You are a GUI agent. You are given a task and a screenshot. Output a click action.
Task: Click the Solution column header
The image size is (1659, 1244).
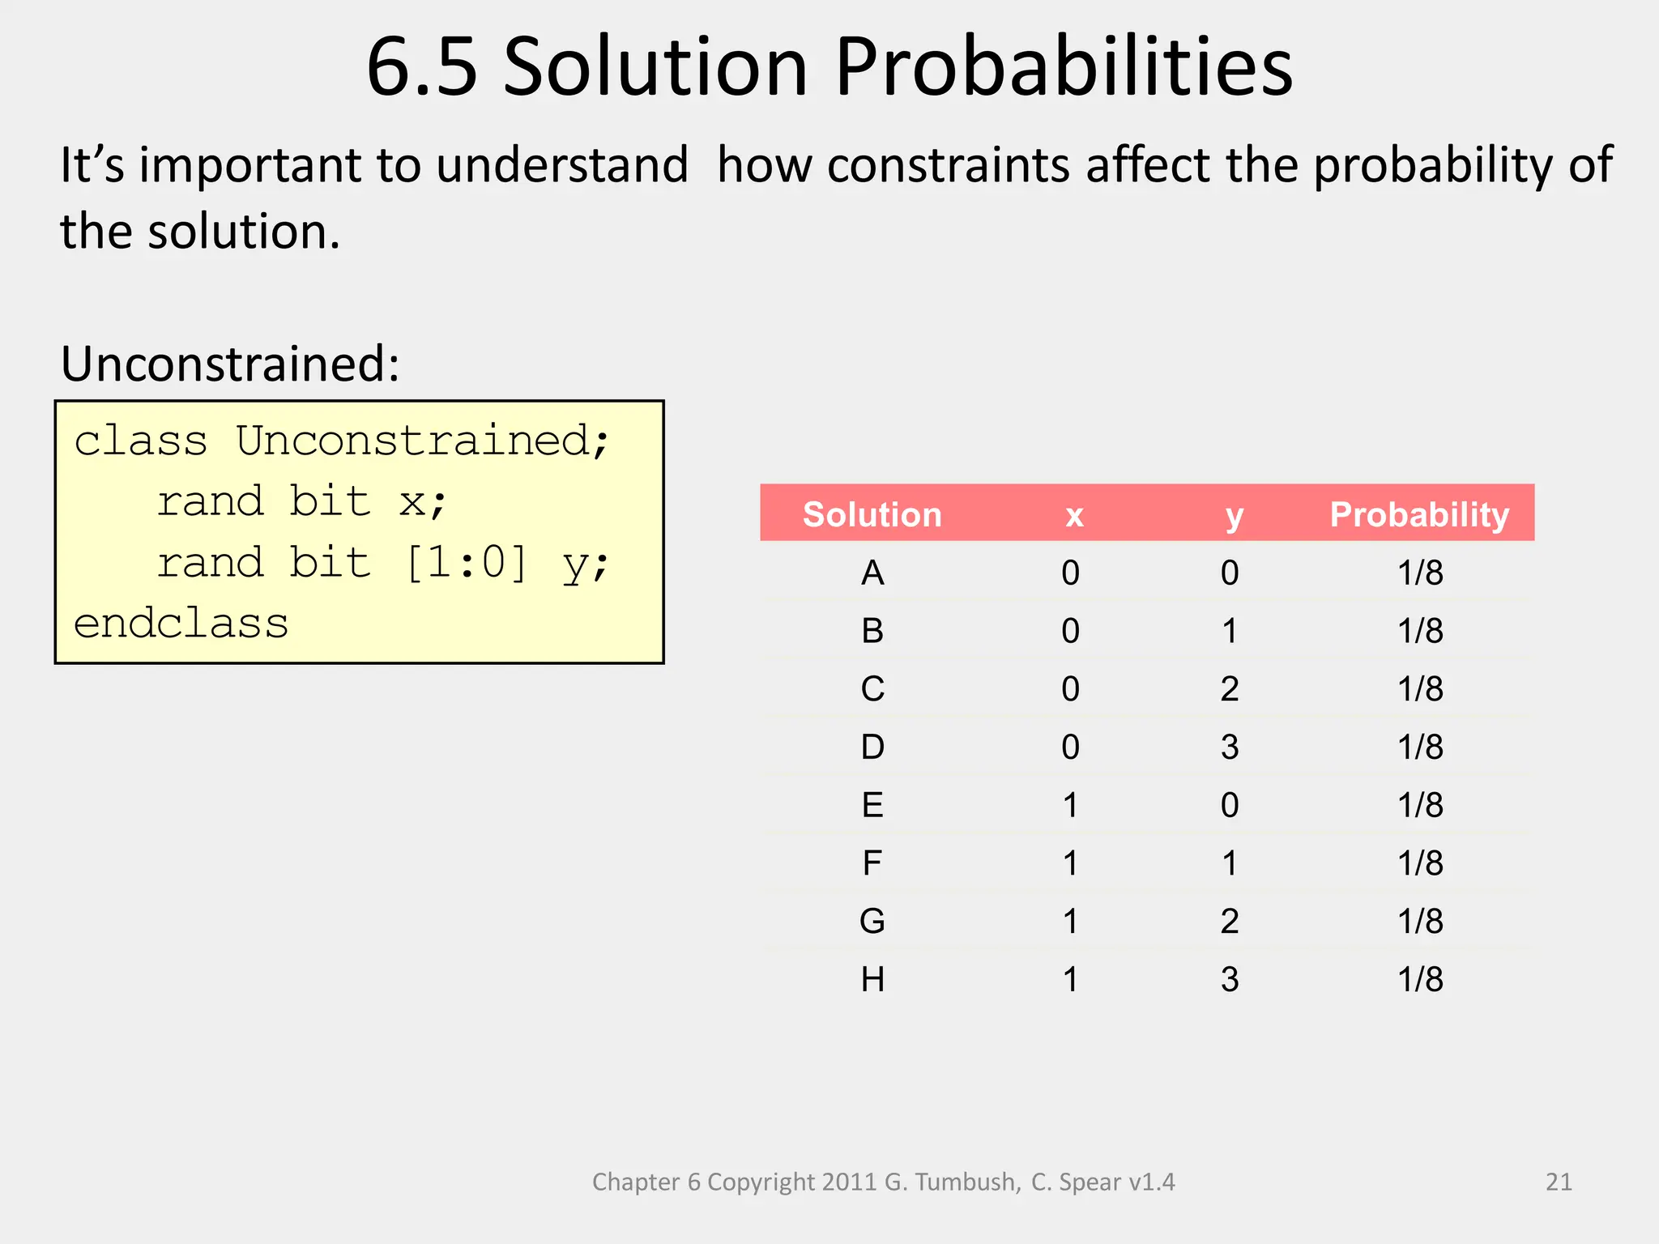pyautogui.click(x=872, y=515)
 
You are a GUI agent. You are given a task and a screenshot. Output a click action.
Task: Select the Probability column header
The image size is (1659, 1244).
pyautogui.click(x=1419, y=515)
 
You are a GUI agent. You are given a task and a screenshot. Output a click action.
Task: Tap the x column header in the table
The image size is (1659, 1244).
pyautogui.click(x=1073, y=515)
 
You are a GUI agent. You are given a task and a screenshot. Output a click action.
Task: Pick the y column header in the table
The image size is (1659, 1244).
pyautogui.click(x=1233, y=515)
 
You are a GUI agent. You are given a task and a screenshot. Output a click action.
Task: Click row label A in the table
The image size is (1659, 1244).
pyautogui.click(x=872, y=573)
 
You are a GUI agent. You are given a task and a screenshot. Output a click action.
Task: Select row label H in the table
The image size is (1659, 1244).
pyautogui.click(x=872, y=980)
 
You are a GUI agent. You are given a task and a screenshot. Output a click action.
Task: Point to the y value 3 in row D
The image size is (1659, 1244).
pyautogui.click(x=1230, y=747)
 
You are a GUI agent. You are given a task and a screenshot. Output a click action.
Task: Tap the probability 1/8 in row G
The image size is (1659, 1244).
pyautogui.click(x=1420, y=922)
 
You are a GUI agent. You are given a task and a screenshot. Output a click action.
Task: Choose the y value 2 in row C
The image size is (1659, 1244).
pyautogui.click(x=1230, y=689)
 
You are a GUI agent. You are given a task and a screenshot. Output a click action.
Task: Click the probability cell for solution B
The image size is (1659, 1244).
pyautogui.click(x=1420, y=631)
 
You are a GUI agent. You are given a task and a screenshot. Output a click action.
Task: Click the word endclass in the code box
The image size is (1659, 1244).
pyautogui.click(x=181, y=624)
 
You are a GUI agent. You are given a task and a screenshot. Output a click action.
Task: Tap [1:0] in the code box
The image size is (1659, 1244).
pyautogui.click(x=466, y=562)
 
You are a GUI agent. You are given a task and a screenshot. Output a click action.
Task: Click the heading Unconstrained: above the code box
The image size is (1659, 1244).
pyautogui.click(x=230, y=364)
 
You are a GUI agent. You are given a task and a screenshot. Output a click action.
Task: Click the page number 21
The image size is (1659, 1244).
pyautogui.click(x=1559, y=1182)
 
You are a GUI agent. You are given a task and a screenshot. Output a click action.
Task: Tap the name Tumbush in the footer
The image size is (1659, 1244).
pyautogui.click(x=966, y=1182)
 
